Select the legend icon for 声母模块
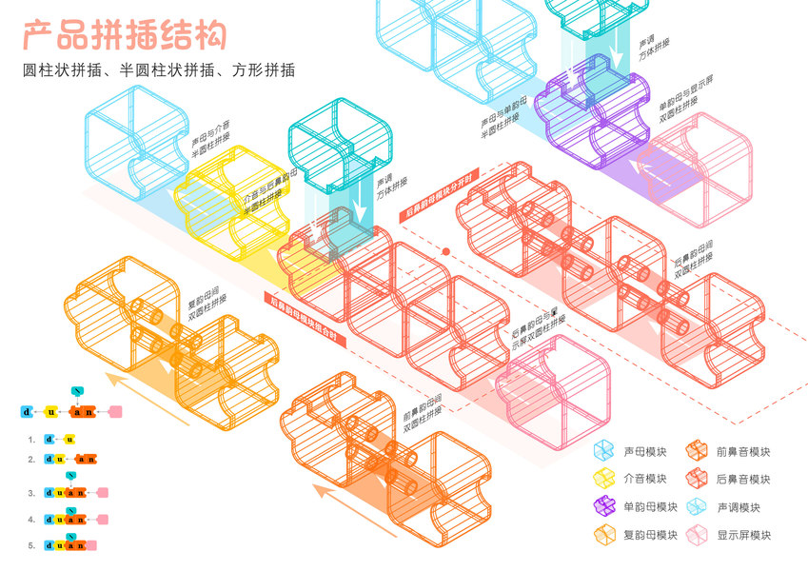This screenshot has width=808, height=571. (603, 452)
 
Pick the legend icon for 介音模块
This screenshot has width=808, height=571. (603, 479)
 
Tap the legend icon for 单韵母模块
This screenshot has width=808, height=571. (603, 507)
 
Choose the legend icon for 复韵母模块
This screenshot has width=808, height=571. (603, 535)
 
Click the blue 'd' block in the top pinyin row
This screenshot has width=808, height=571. (27, 412)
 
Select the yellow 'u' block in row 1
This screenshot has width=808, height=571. (69, 440)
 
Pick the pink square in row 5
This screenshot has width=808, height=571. (92, 545)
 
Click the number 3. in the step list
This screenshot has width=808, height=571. (31, 494)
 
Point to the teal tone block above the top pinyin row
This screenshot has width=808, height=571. (78, 390)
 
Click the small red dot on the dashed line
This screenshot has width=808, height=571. (444, 251)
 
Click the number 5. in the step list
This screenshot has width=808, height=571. (31, 546)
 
